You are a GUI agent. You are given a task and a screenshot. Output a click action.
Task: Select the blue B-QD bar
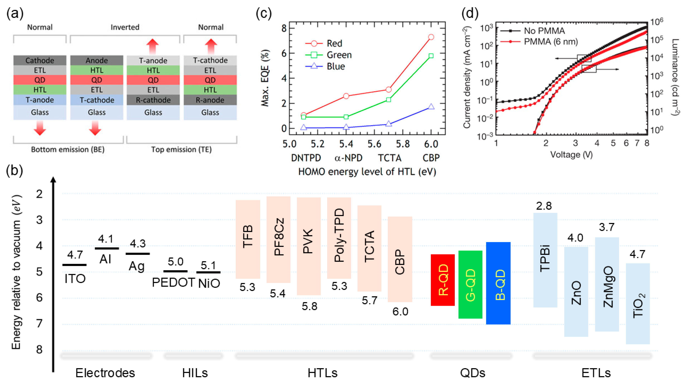pyautogui.click(x=498, y=283)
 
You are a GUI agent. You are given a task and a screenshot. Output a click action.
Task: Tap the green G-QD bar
pyautogui.click(x=470, y=284)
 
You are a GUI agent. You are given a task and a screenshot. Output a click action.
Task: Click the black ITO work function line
pyautogui.click(x=74, y=265)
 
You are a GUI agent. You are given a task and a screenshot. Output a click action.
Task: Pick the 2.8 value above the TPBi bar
pyautogui.click(x=544, y=206)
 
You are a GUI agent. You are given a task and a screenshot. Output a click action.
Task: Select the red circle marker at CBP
pyautogui.click(x=431, y=37)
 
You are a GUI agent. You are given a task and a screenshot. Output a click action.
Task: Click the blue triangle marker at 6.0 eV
pyautogui.click(x=431, y=107)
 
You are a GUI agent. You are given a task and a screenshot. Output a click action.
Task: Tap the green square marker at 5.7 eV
pyautogui.click(x=389, y=100)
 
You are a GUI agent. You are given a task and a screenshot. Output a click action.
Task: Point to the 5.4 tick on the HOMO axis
pyautogui.click(x=346, y=144)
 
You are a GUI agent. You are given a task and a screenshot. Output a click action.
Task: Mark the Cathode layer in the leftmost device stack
pyautogui.click(x=40, y=60)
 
